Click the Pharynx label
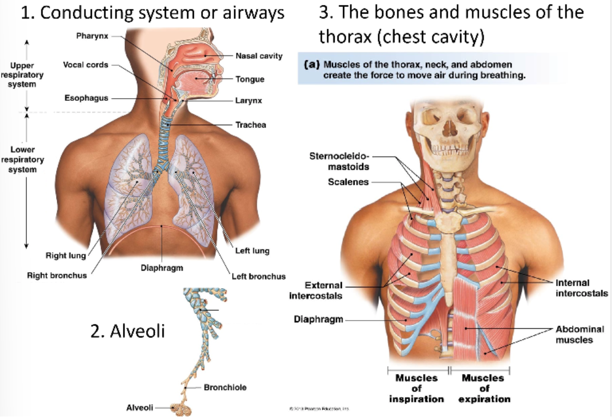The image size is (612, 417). pos(92,36)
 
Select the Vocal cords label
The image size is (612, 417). pos(86,65)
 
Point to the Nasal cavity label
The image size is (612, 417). pos(258,56)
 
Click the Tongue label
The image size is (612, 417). pos(249,79)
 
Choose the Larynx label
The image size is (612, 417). pos(248,101)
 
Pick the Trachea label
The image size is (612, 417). pos(251,124)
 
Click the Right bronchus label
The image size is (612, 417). pos(57,275)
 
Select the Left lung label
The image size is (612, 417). pos(252,251)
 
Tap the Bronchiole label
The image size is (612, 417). pos(225,387)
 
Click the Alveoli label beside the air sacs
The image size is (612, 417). pos(139,407)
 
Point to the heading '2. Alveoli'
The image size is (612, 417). pos(128,331)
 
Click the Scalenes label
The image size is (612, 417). pos(348,182)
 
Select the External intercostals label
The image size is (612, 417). pos(316,290)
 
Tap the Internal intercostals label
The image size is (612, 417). pos(582,288)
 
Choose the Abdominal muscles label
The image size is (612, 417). pos(579,334)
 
